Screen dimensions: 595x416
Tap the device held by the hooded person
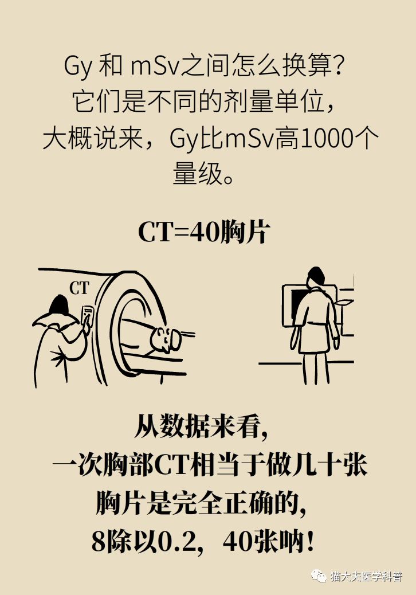[x=88, y=317]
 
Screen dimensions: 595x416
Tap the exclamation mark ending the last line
[x=310, y=542]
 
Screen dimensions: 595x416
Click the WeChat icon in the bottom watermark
[x=319, y=575]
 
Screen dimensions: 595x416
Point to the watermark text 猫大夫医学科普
[x=366, y=576]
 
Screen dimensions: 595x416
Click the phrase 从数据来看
[x=195, y=427]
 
